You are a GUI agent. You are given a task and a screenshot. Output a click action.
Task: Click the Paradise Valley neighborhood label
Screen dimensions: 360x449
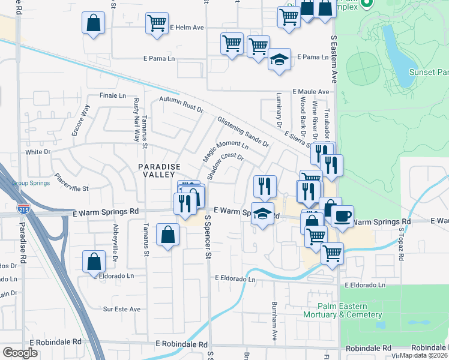coord(159,171)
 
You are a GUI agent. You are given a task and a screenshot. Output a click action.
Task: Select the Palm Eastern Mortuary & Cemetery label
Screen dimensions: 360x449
coord(343,310)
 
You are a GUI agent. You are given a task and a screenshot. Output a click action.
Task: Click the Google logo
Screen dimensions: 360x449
coord(20,353)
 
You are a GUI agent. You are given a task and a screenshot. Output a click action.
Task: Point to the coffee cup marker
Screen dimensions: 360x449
coord(342,216)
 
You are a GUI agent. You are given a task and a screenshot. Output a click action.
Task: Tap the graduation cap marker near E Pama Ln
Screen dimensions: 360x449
coord(279,59)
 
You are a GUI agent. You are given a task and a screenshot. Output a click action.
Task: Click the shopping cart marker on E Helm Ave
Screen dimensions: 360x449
coord(157,23)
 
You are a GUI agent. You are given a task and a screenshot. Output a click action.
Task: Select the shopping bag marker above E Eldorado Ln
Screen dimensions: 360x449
coord(94,262)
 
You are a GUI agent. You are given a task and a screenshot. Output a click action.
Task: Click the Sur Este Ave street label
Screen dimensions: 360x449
coord(122,309)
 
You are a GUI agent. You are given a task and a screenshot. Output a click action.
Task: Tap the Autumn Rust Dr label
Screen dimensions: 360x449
coord(182,105)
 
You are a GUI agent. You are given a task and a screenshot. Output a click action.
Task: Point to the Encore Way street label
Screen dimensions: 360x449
coord(81,120)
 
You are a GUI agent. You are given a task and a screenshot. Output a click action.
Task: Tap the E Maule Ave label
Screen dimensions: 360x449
coord(311,91)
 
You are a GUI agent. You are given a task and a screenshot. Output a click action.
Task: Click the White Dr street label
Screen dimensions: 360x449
coord(38,152)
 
